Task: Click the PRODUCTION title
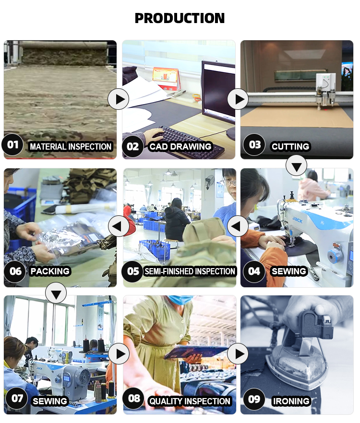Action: tap(180, 18)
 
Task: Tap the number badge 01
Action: tap(12, 145)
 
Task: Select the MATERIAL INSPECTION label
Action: tap(71, 146)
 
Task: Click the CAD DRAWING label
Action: tap(180, 146)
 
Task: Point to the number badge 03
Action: tap(254, 145)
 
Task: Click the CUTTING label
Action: tap(290, 146)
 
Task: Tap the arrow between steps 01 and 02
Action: tap(118, 99)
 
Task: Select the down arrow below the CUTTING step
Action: tap(296, 165)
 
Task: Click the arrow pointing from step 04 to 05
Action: tap(238, 226)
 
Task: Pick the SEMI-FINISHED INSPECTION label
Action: tap(190, 271)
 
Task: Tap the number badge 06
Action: tap(15, 271)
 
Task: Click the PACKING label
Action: tap(50, 271)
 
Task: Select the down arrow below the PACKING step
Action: tap(56, 293)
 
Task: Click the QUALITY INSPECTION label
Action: tap(190, 401)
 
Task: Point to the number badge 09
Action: tap(254, 399)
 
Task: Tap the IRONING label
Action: tap(291, 401)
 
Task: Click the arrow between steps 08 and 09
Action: tap(238, 353)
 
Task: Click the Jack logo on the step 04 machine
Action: tap(297, 220)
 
